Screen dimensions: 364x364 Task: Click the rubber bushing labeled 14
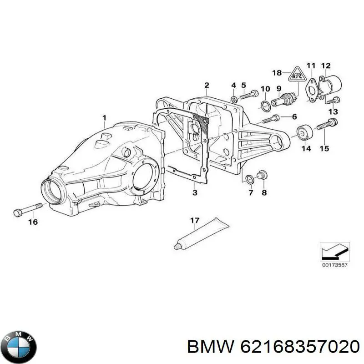coord(303,132)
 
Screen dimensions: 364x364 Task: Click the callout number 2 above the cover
coord(207,85)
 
